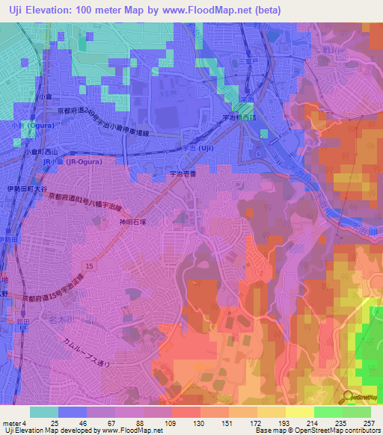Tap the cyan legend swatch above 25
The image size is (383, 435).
[x=44, y=412]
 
